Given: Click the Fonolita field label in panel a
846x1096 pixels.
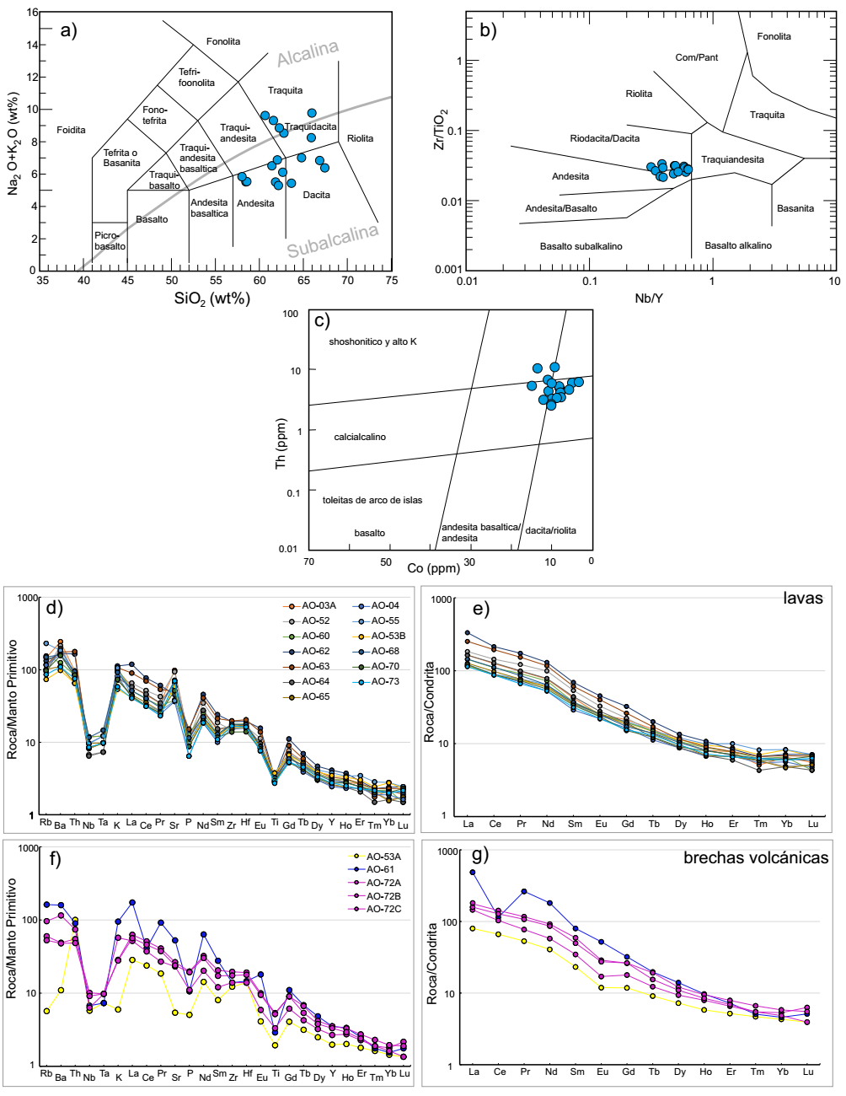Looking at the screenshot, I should pos(223,41).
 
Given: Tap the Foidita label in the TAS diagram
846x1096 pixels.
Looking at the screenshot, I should pos(71,130).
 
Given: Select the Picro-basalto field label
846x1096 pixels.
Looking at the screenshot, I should pos(110,241).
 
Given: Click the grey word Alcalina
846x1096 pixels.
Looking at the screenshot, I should pos(308,52).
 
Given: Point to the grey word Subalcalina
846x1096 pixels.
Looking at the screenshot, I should pos(332,241).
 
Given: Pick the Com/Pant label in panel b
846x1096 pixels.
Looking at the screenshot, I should pos(697,57).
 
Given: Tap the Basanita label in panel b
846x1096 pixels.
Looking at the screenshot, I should pos(795,208).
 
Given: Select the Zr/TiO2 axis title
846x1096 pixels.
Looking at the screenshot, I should pos(439,129).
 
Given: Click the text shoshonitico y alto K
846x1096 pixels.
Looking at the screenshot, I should pos(373,341).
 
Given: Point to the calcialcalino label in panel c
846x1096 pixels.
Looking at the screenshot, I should pos(360,437).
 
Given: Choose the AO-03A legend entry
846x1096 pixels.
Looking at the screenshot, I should pos(313,606).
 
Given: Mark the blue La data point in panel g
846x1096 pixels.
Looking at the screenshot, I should pos(473,873).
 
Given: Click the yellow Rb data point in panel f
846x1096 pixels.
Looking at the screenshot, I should pos(46,1011).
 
